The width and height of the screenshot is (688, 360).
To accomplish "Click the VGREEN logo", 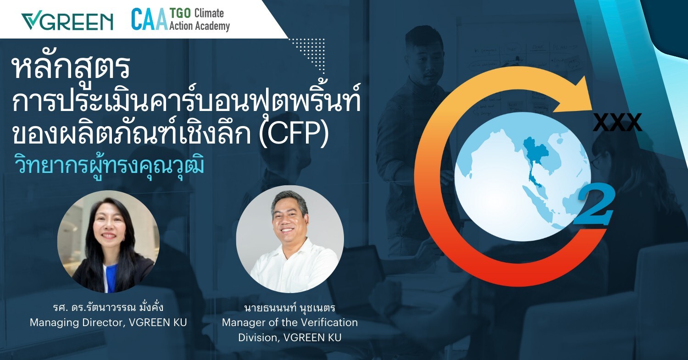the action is [67, 22].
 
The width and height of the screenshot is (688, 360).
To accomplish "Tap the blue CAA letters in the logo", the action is [150, 19].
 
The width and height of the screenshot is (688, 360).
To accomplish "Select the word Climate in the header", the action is [209, 13].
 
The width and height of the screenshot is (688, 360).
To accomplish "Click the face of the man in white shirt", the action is [288, 221].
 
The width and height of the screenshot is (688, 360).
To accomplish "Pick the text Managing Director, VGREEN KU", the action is [108, 322].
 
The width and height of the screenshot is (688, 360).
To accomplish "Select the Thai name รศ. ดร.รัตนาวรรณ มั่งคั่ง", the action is [108, 307].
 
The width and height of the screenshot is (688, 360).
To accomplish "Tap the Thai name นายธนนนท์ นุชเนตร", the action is [289, 307].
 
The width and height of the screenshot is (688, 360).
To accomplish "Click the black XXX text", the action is [617, 122].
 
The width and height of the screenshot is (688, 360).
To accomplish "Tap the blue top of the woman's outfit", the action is [110, 278].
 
